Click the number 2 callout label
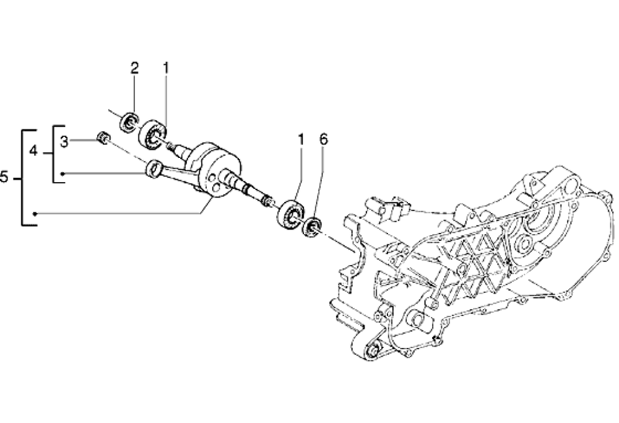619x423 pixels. click(x=134, y=69)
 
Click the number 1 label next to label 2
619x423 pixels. click(x=166, y=69)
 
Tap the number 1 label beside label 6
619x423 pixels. click(x=301, y=140)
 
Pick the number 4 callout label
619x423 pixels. click(x=33, y=150)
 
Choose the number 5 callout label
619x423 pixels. click(x=5, y=178)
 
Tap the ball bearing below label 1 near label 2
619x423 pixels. click(x=154, y=134)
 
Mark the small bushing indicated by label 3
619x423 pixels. click(x=104, y=138)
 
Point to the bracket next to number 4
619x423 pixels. click(x=55, y=154)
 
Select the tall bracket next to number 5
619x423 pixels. click(x=24, y=178)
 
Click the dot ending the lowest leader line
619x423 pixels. click(x=36, y=213)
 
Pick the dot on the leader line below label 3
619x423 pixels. click(x=64, y=174)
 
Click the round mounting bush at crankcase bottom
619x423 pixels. click(x=374, y=350)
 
